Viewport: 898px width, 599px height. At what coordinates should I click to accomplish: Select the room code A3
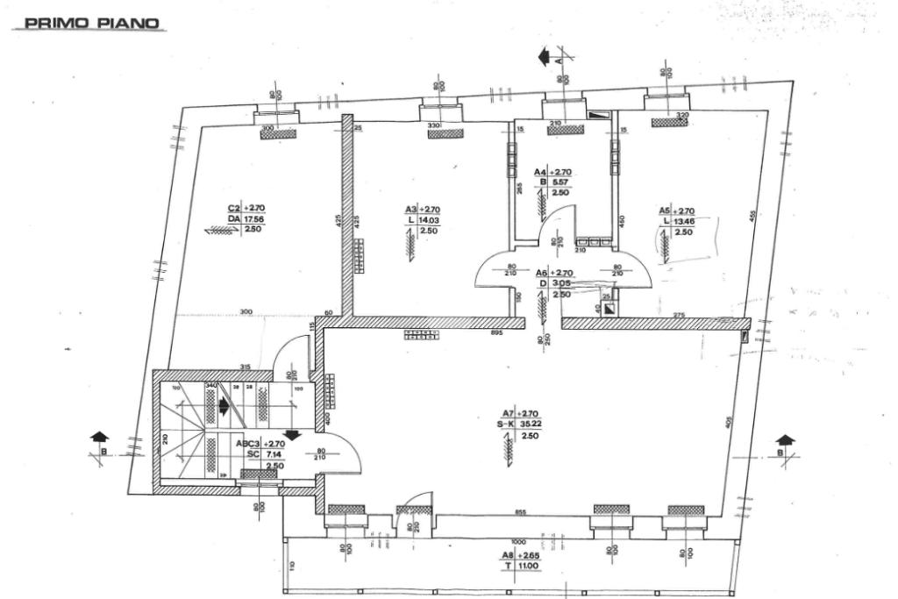[410, 210]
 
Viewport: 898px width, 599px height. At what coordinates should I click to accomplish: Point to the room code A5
[665, 210]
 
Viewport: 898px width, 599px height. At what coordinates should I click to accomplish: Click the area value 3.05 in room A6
[562, 284]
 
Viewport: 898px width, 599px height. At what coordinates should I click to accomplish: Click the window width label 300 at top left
[268, 128]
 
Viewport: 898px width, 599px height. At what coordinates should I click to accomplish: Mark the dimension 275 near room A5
[679, 314]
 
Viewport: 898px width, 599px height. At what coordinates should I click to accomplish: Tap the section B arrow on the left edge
[100, 437]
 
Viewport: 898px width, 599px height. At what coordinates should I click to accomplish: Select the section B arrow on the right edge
[785, 441]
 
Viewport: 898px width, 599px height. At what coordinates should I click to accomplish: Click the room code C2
[234, 209]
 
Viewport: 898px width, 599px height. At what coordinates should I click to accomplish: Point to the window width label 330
[434, 126]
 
